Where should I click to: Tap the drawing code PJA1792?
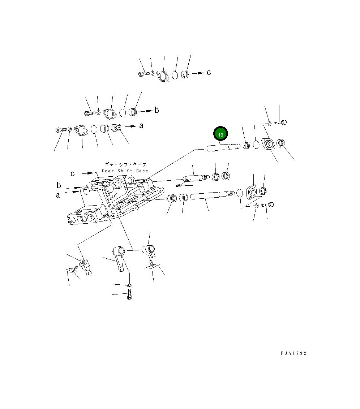(x=293, y=353)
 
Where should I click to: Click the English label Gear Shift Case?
(x=125, y=171)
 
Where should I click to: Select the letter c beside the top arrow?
(x=209, y=73)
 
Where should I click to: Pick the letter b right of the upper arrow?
(x=157, y=110)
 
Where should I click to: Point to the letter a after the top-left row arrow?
(x=141, y=126)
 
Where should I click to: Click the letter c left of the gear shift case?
(x=73, y=173)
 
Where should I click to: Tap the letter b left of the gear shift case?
(x=59, y=185)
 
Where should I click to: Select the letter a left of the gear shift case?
(x=58, y=195)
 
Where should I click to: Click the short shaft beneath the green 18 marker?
(x=224, y=147)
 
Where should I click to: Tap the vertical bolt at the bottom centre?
(x=130, y=294)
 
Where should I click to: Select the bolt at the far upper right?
(x=280, y=122)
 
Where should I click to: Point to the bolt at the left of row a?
(x=61, y=129)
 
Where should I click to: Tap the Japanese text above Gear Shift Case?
(x=125, y=164)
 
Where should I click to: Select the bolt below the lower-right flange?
(x=267, y=205)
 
